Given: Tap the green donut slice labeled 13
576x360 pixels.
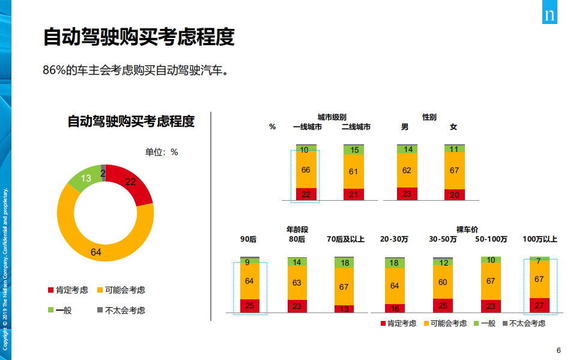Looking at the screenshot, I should pos(85,177).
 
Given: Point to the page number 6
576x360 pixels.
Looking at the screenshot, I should pos(559,350).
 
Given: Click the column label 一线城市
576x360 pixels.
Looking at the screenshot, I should pos(307,127).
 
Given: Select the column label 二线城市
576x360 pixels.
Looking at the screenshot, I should pos(356,127).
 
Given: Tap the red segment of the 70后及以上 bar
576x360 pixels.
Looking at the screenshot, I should pos(344,309).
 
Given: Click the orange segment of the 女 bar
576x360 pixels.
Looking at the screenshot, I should pos(454,171).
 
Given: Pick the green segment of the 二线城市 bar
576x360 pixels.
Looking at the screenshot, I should pos(354,150).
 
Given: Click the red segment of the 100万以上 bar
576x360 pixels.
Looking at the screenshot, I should pos(539,305).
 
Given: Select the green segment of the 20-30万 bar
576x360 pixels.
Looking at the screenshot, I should pos(394,263).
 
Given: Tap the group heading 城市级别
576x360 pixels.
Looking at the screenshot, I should pos(332,117).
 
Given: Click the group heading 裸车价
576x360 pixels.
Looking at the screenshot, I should pos(467,229).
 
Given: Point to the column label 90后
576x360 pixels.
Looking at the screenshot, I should pos(248,239).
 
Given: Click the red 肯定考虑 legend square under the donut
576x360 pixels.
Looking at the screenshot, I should pos(51,290).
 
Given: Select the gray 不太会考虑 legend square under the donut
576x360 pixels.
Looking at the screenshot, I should pos(100,310).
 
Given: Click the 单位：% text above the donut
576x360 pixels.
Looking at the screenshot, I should pos(162,152).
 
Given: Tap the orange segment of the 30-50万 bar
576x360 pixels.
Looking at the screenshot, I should pos(443,282).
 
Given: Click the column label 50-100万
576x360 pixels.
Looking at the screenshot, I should pos(491,239).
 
